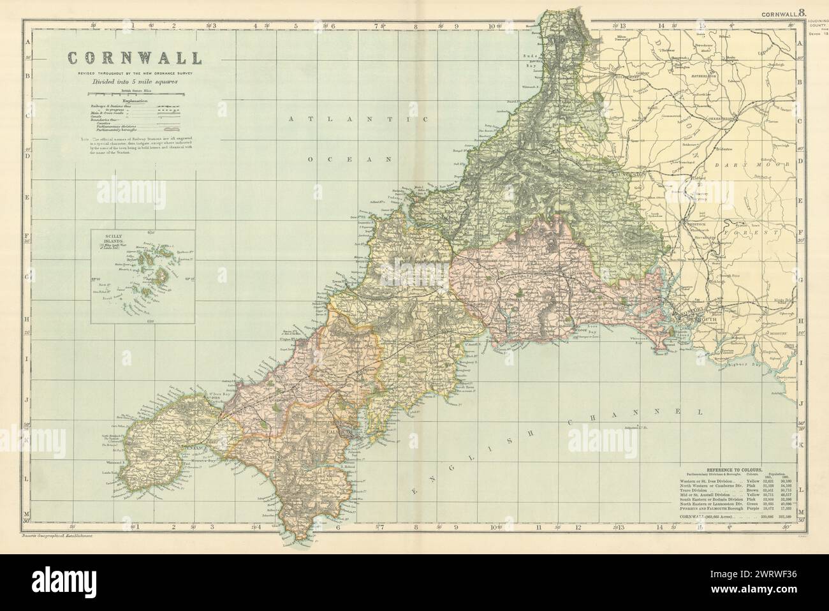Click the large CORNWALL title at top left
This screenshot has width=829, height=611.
[135, 58]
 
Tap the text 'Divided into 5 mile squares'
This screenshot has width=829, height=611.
[134, 82]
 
